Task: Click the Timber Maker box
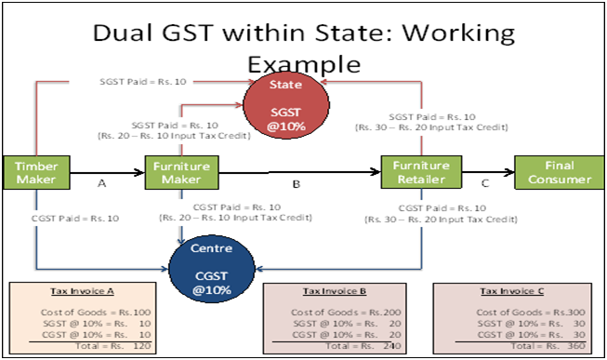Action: pyautogui.click(x=36, y=172)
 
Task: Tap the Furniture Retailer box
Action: pyautogui.click(x=421, y=172)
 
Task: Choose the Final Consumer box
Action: pyautogui.click(x=553, y=172)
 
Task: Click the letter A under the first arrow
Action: pyautogui.click(x=102, y=185)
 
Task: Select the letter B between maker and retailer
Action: pyautogui.click(x=296, y=185)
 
